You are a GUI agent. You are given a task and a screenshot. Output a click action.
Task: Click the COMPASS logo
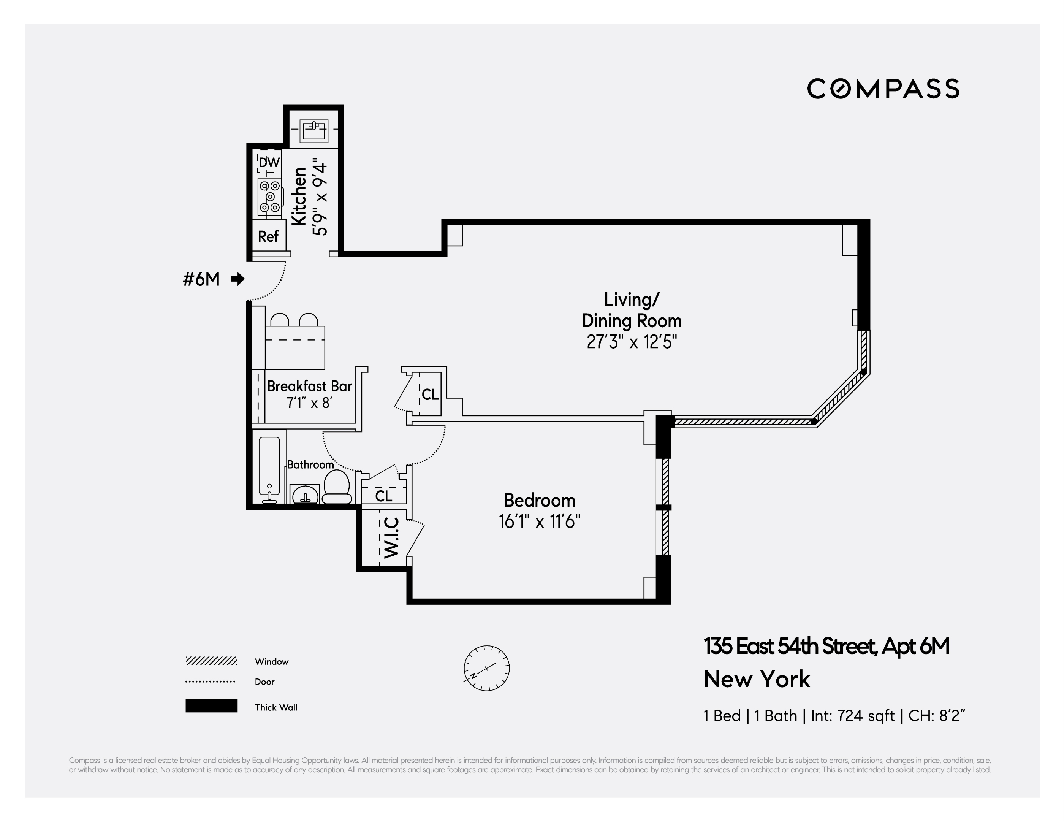(x=883, y=89)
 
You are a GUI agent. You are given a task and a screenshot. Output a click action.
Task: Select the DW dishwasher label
(x=269, y=162)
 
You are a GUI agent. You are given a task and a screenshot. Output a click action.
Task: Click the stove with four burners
(x=269, y=197)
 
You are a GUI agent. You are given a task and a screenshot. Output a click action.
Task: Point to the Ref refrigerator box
(x=268, y=236)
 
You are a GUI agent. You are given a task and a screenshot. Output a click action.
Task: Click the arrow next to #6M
(x=237, y=279)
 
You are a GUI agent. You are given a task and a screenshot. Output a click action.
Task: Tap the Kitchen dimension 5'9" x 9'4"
(x=320, y=197)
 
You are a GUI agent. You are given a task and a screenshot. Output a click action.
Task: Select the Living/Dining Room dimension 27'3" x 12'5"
(x=632, y=342)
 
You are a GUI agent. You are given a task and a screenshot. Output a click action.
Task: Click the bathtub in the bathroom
(x=269, y=468)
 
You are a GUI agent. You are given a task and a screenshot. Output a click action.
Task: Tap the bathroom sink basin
(x=305, y=495)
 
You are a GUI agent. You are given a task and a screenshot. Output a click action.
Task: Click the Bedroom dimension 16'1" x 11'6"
(x=539, y=522)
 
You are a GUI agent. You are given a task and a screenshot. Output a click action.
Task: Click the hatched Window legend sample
(x=211, y=661)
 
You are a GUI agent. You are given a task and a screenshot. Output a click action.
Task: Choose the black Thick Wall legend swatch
(x=211, y=706)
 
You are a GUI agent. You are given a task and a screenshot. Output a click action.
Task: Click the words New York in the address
(x=757, y=679)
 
